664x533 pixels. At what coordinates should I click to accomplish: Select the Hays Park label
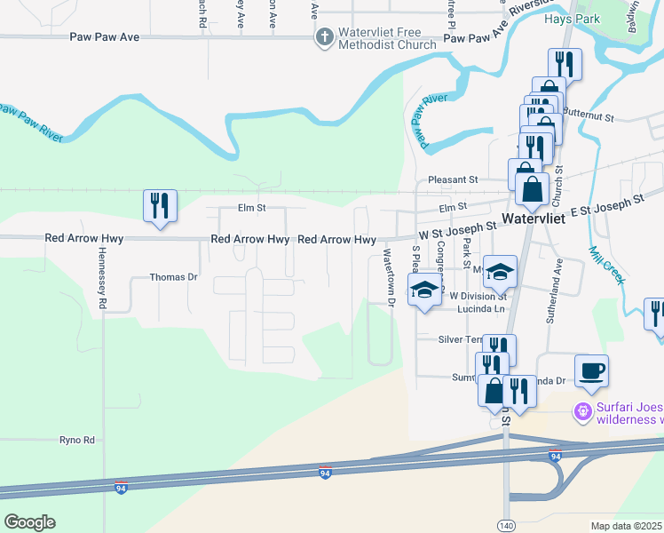(598, 19)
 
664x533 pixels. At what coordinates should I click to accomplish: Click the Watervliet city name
(541, 218)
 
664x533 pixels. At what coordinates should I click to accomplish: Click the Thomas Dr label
(173, 277)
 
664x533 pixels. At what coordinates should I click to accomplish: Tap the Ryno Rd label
(76, 440)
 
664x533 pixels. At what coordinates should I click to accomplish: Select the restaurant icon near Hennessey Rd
(160, 206)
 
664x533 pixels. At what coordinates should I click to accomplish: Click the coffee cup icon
(591, 370)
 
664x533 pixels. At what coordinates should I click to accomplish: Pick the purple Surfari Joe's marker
(582, 411)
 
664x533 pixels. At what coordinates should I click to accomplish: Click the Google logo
(29, 521)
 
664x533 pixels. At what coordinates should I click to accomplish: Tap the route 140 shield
(505, 526)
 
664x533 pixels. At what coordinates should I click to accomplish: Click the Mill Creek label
(606, 264)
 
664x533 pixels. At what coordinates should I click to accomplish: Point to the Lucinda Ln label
(480, 309)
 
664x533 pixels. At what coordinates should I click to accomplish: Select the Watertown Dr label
(389, 276)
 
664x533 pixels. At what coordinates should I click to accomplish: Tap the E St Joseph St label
(606, 203)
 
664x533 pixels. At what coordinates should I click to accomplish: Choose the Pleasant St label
(453, 179)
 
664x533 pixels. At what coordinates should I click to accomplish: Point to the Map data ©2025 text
(626, 525)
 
